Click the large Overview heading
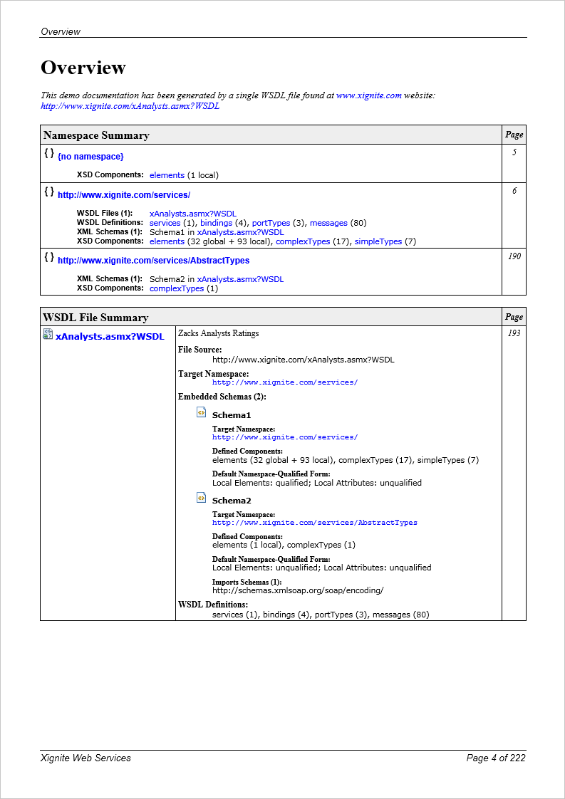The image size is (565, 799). (x=83, y=68)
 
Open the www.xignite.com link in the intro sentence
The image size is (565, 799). (x=368, y=95)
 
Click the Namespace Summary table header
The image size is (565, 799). (x=96, y=135)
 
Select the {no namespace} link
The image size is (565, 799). (x=90, y=156)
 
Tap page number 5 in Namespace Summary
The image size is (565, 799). (x=514, y=152)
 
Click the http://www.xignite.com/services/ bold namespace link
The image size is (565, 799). (x=124, y=194)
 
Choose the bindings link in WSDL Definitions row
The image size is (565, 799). (x=216, y=223)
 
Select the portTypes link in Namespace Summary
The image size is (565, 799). (x=271, y=223)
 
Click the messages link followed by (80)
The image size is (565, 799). (x=328, y=223)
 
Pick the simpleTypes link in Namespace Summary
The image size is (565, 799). (x=378, y=241)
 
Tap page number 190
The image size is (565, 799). (x=514, y=256)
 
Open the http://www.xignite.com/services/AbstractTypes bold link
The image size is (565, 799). (x=153, y=261)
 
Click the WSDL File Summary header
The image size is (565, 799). (x=95, y=318)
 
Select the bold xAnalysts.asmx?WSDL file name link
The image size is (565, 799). (x=110, y=336)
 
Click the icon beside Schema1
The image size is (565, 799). (x=201, y=412)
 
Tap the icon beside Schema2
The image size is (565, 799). (x=201, y=498)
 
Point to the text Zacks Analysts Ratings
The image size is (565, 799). (x=218, y=333)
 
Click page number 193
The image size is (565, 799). (x=514, y=333)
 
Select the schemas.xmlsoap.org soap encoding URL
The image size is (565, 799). (x=298, y=590)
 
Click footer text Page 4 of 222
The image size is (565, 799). (x=495, y=758)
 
